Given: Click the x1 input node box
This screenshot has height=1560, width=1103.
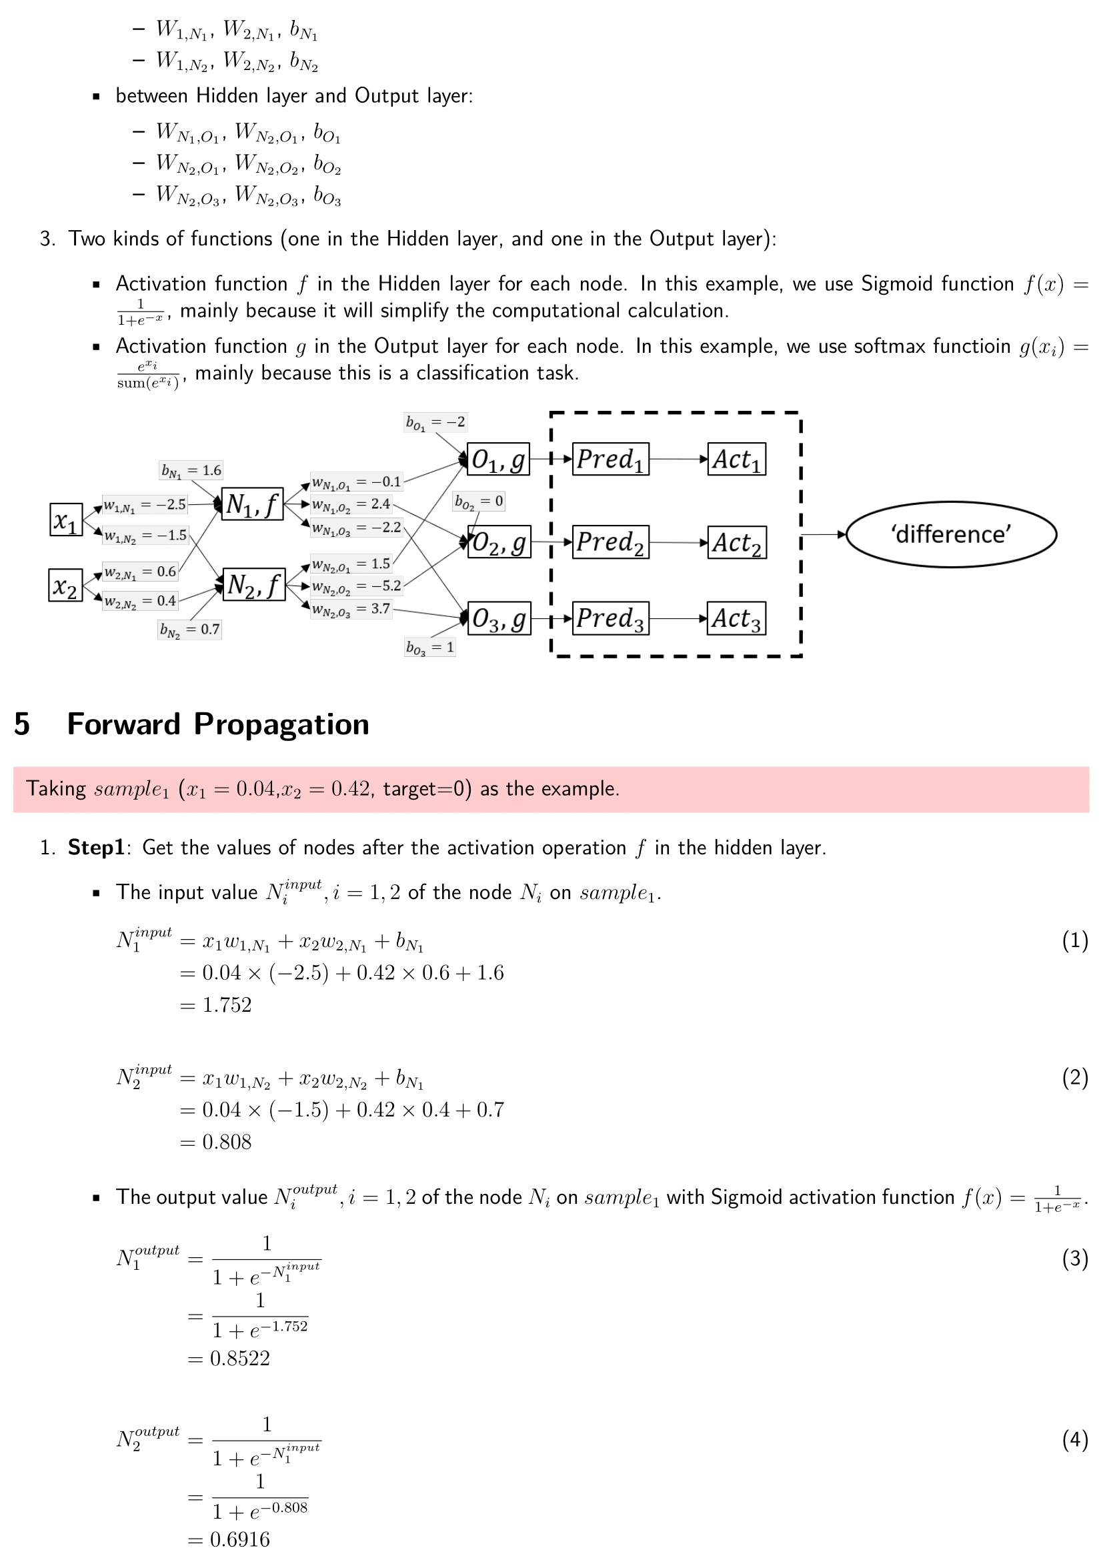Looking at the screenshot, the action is pyautogui.click(x=66, y=520).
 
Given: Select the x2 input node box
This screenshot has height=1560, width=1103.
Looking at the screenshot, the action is pyautogui.click(x=66, y=585).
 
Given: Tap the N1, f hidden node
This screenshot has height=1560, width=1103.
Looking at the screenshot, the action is pyautogui.click(x=253, y=504).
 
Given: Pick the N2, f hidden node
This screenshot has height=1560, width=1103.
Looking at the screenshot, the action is pyautogui.click(x=253, y=584).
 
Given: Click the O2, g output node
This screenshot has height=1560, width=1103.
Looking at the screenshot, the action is pyautogui.click(x=499, y=542).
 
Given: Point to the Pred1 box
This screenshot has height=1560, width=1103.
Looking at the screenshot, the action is pyautogui.click(x=611, y=460).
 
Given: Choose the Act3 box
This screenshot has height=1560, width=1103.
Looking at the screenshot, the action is pyautogui.click(x=736, y=618).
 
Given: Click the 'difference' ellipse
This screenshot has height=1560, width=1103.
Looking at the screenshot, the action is pyautogui.click(x=952, y=534).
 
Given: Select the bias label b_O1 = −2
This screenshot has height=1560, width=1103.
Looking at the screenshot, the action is pyautogui.click(x=435, y=423).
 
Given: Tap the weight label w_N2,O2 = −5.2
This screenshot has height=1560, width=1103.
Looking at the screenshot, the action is pyautogui.click(x=357, y=586).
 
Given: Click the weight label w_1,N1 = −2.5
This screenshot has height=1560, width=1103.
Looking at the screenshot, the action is pyautogui.click(x=145, y=505).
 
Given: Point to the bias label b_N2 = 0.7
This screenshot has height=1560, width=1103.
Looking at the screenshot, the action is pyautogui.click(x=189, y=630).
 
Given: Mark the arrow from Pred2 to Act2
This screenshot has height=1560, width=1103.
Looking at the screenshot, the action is pyautogui.click(x=678, y=542).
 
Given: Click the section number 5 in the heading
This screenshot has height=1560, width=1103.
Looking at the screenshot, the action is pyautogui.click(x=22, y=724).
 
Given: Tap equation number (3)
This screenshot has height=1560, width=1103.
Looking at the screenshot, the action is pyautogui.click(x=1075, y=1259).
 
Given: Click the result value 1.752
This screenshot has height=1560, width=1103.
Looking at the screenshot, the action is pyautogui.click(x=227, y=1004).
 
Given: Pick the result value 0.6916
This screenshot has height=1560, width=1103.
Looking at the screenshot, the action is pyautogui.click(x=240, y=1539).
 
